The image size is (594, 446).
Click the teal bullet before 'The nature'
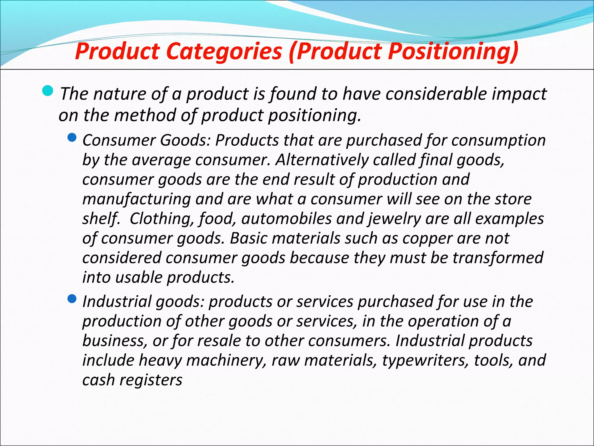[48, 91]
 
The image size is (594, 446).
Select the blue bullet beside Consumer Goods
[72, 137]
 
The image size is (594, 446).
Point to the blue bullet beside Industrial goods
[72, 298]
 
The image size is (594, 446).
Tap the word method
[145, 115]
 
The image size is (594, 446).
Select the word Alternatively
[322, 160]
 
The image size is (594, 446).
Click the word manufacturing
[137, 199]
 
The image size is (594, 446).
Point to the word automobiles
[286, 219]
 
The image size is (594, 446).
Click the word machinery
[226, 360]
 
